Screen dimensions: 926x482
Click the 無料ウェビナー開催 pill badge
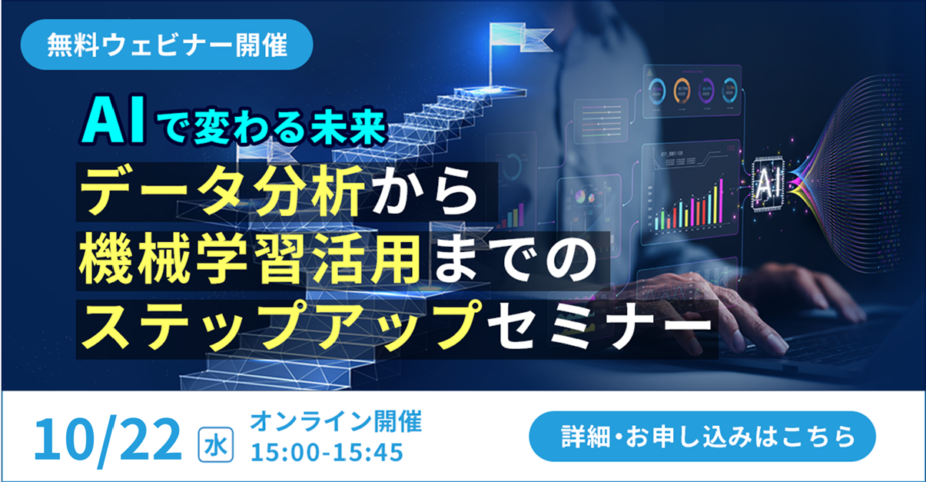coord(167,45)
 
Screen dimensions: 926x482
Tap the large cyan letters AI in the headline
coord(113,120)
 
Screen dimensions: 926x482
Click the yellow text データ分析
coord(223,191)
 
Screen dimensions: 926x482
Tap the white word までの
coord(515,261)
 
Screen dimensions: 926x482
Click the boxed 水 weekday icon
coord(215,445)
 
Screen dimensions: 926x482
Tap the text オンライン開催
coord(336,421)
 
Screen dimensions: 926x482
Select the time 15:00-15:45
coord(327,452)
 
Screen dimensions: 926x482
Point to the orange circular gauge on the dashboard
coord(682,91)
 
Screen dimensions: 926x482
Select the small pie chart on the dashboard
coord(580,197)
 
